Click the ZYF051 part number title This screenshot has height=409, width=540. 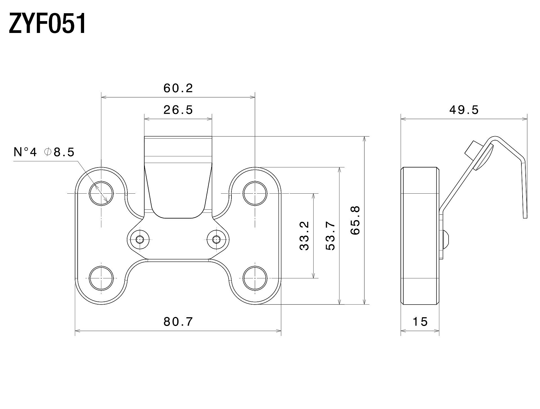click(47, 24)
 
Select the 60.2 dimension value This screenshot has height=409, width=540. click(178, 88)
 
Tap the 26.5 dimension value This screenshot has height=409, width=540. click(178, 110)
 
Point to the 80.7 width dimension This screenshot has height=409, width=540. click(178, 321)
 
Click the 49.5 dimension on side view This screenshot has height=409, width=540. click(464, 110)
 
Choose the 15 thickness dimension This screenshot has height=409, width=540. click(420, 321)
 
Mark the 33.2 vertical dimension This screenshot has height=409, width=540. click(304, 236)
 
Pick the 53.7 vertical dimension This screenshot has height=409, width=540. click(330, 236)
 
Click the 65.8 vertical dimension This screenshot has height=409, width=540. click(355, 220)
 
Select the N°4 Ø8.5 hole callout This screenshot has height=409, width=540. click(44, 152)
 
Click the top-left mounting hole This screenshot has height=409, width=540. click(101, 193)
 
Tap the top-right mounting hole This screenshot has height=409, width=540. click(255, 193)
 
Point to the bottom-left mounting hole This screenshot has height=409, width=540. click(101, 278)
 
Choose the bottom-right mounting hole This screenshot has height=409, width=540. click(255, 278)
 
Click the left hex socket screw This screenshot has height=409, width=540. click(140, 240)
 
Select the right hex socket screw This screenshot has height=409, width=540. click(216, 240)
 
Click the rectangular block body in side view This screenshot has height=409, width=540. click(420, 236)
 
